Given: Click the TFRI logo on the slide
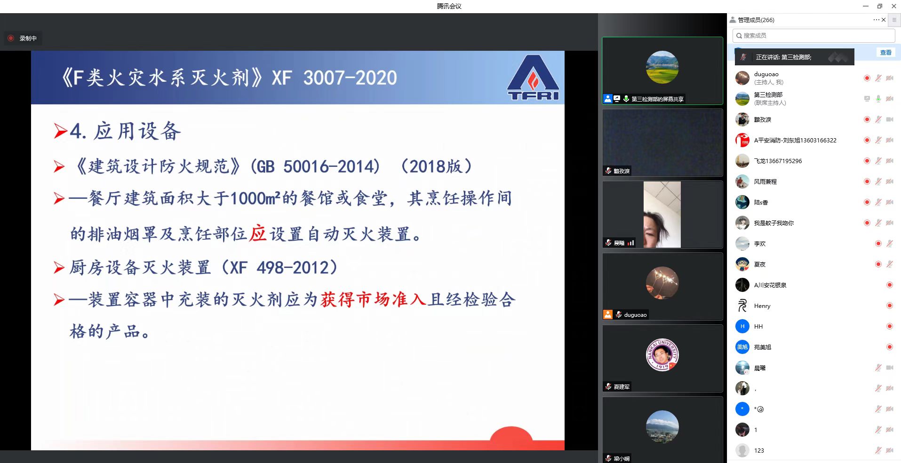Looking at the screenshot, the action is pyautogui.click(x=533, y=78).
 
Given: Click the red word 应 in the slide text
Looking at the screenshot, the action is pyautogui.click(x=258, y=234).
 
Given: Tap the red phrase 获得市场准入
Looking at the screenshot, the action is pyautogui.click(x=374, y=299).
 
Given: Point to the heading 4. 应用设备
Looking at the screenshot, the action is pyautogui.click(x=125, y=131).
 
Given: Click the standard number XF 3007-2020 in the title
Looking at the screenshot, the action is pyautogui.click(x=335, y=78).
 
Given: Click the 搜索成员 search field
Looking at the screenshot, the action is pyautogui.click(x=813, y=36).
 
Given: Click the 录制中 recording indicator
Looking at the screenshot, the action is pyautogui.click(x=23, y=39).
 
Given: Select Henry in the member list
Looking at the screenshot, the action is pyautogui.click(x=762, y=306).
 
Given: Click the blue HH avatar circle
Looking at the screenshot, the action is pyautogui.click(x=742, y=326).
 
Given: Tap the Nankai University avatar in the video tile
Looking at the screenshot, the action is pyautogui.click(x=662, y=355).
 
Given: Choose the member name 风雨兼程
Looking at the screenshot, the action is pyautogui.click(x=765, y=182).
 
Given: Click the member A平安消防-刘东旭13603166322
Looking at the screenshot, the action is pyautogui.click(x=795, y=141).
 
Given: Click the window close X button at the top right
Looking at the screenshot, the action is pyautogui.click(x=894, y=6).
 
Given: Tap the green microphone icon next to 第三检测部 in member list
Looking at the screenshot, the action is pyautogui.click(x=878, y=99).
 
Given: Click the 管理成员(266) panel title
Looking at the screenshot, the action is pyautogui.click(x=756, y=20).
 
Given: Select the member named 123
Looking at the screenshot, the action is pyautogui.click(x=759, y=451).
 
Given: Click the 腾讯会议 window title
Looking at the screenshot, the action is pyautogui.click(x=449, y=6).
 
